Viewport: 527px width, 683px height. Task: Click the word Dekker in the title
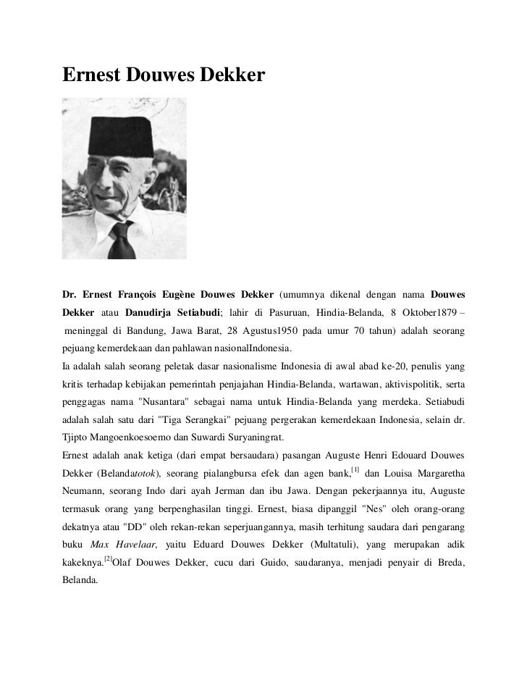click(x=227, y=74)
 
